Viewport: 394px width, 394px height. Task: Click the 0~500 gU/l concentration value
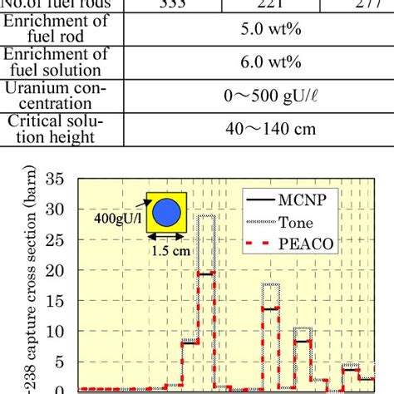(x=257, y=96)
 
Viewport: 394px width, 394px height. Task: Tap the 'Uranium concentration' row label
(x=61, y=96)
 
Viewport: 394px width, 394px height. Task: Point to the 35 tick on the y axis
(x=57, y=179)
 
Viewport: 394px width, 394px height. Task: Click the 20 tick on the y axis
(x=57, y=270)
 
